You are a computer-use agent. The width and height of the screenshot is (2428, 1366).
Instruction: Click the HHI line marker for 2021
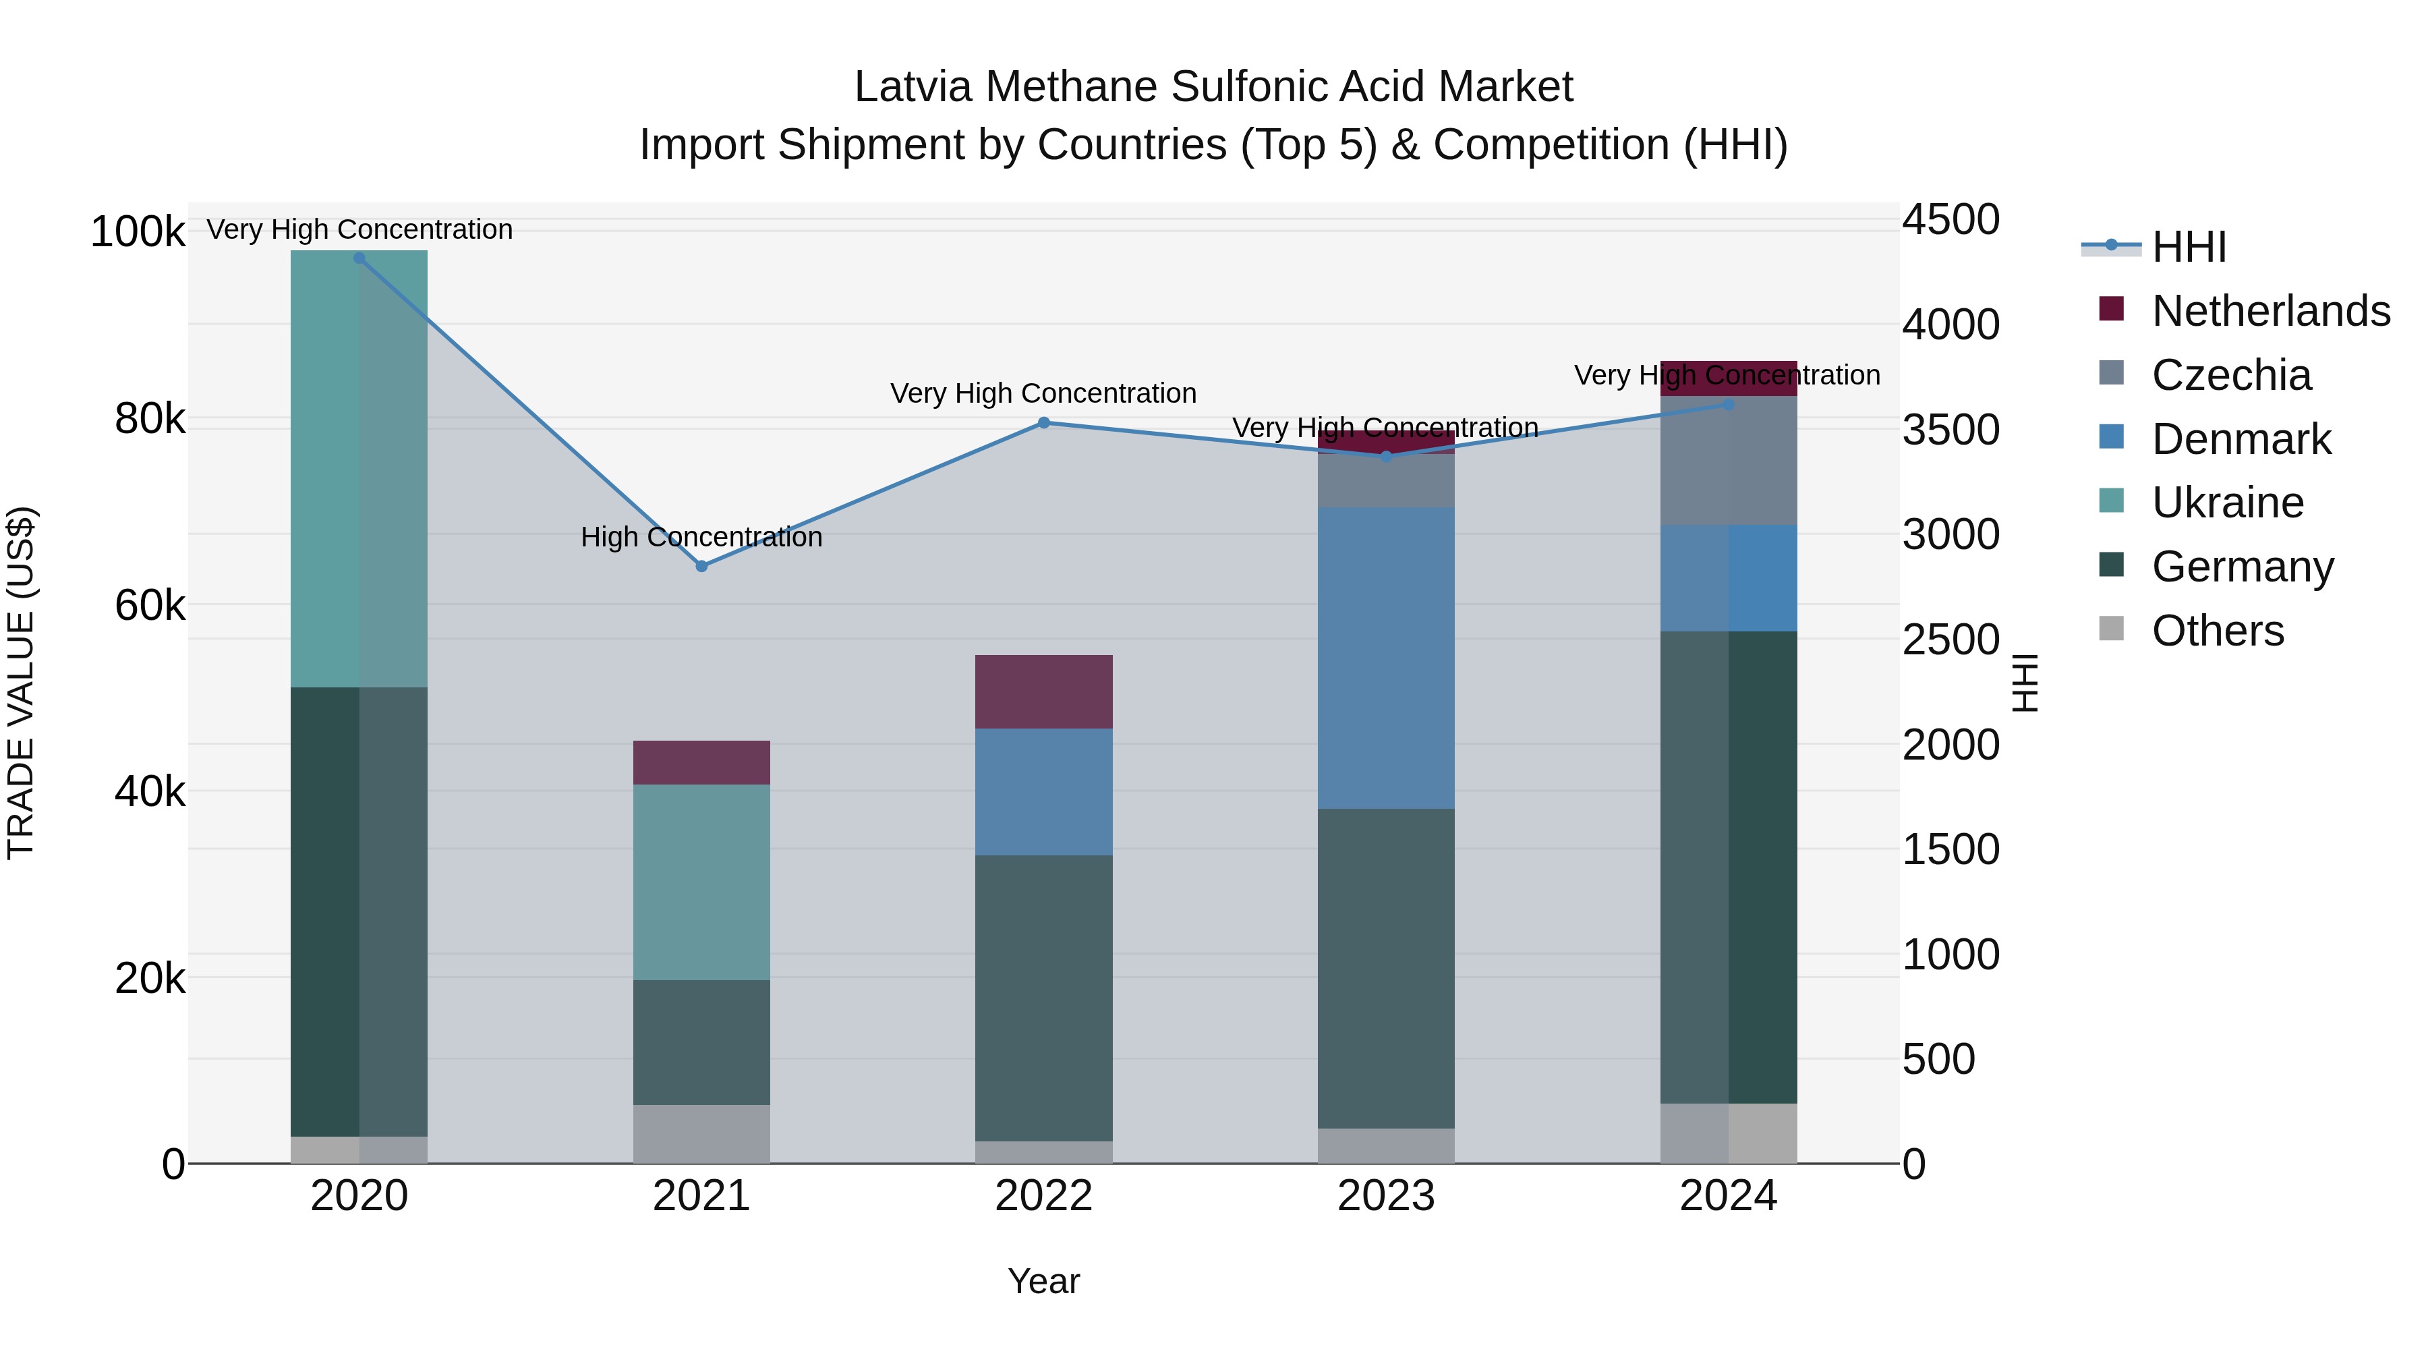[701, 566]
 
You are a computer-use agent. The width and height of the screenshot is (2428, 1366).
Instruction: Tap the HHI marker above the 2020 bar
[359, 258]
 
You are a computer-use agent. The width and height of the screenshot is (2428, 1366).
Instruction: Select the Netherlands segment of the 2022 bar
[1043, 691]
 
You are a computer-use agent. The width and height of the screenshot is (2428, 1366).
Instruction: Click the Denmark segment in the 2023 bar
[1385, 657]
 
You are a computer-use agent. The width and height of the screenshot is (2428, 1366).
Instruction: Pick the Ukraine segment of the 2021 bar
[701, 882]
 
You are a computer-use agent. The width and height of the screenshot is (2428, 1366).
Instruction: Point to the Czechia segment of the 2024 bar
[1728, 460]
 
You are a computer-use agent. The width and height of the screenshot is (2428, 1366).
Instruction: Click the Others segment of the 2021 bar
[701, 1133]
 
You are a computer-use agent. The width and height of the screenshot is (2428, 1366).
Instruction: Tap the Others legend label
[2218, 631]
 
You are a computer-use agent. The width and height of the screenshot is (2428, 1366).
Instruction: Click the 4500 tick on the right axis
[1950, 220]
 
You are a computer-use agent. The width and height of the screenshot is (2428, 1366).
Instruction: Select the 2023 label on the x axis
[1385, 1196]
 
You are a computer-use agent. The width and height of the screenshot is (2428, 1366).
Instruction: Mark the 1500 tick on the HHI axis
[1950, 849]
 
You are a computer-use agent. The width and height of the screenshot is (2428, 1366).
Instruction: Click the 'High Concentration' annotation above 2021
[701, 538]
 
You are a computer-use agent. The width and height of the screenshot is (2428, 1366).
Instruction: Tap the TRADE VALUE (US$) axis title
[21, 683]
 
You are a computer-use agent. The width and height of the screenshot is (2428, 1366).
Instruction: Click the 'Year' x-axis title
[1043, 1281]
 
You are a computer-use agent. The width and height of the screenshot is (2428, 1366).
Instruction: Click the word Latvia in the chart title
[913, 88]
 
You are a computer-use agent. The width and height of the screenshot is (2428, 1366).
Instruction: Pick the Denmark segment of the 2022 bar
[1043, 792]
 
